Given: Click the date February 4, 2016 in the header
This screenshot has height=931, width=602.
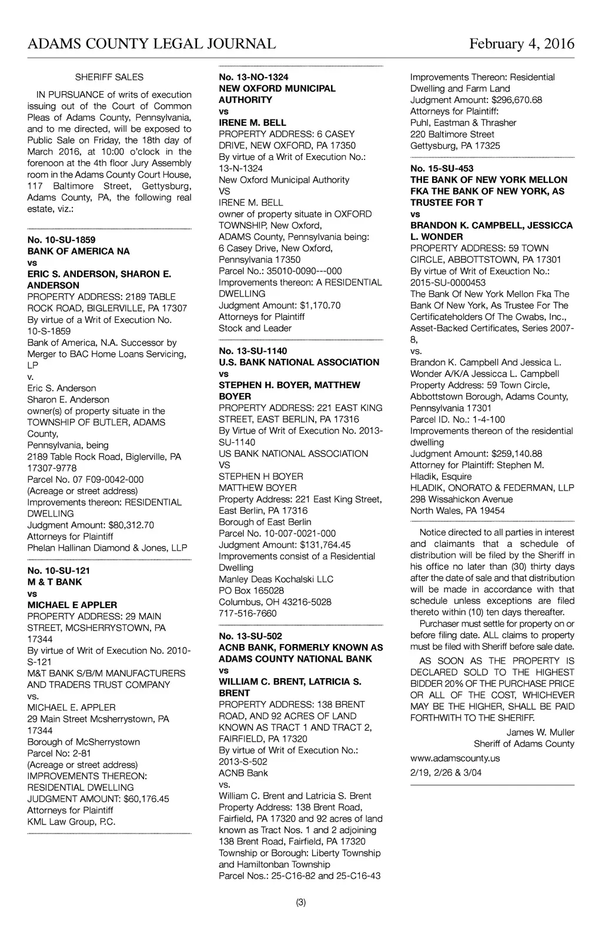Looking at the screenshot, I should tap(521, 44).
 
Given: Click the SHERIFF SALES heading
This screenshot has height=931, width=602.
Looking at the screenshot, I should tap(109, 77).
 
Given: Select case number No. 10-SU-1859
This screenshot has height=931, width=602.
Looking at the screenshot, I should tap(61, 240).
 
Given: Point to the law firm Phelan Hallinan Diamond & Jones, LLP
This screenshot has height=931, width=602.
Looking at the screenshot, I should tap(107, 548).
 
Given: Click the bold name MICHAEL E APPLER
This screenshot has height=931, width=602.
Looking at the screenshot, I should tap(72, 605).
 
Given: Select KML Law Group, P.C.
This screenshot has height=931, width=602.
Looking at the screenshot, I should tap(71, 822).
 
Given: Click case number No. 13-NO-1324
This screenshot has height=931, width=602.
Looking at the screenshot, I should tap(253, 77).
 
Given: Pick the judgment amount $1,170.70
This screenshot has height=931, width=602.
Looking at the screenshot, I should tap(320, 305).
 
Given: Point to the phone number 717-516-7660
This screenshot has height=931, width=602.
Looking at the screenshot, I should tap(248, 613).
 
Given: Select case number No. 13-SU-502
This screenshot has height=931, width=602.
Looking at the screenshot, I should tap(250, 636).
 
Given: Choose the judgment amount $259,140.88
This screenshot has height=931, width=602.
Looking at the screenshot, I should tap(516, 453).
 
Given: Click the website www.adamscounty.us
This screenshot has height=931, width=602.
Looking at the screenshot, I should tap(454, 759).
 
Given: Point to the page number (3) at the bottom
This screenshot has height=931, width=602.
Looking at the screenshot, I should tap(301, 903).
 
